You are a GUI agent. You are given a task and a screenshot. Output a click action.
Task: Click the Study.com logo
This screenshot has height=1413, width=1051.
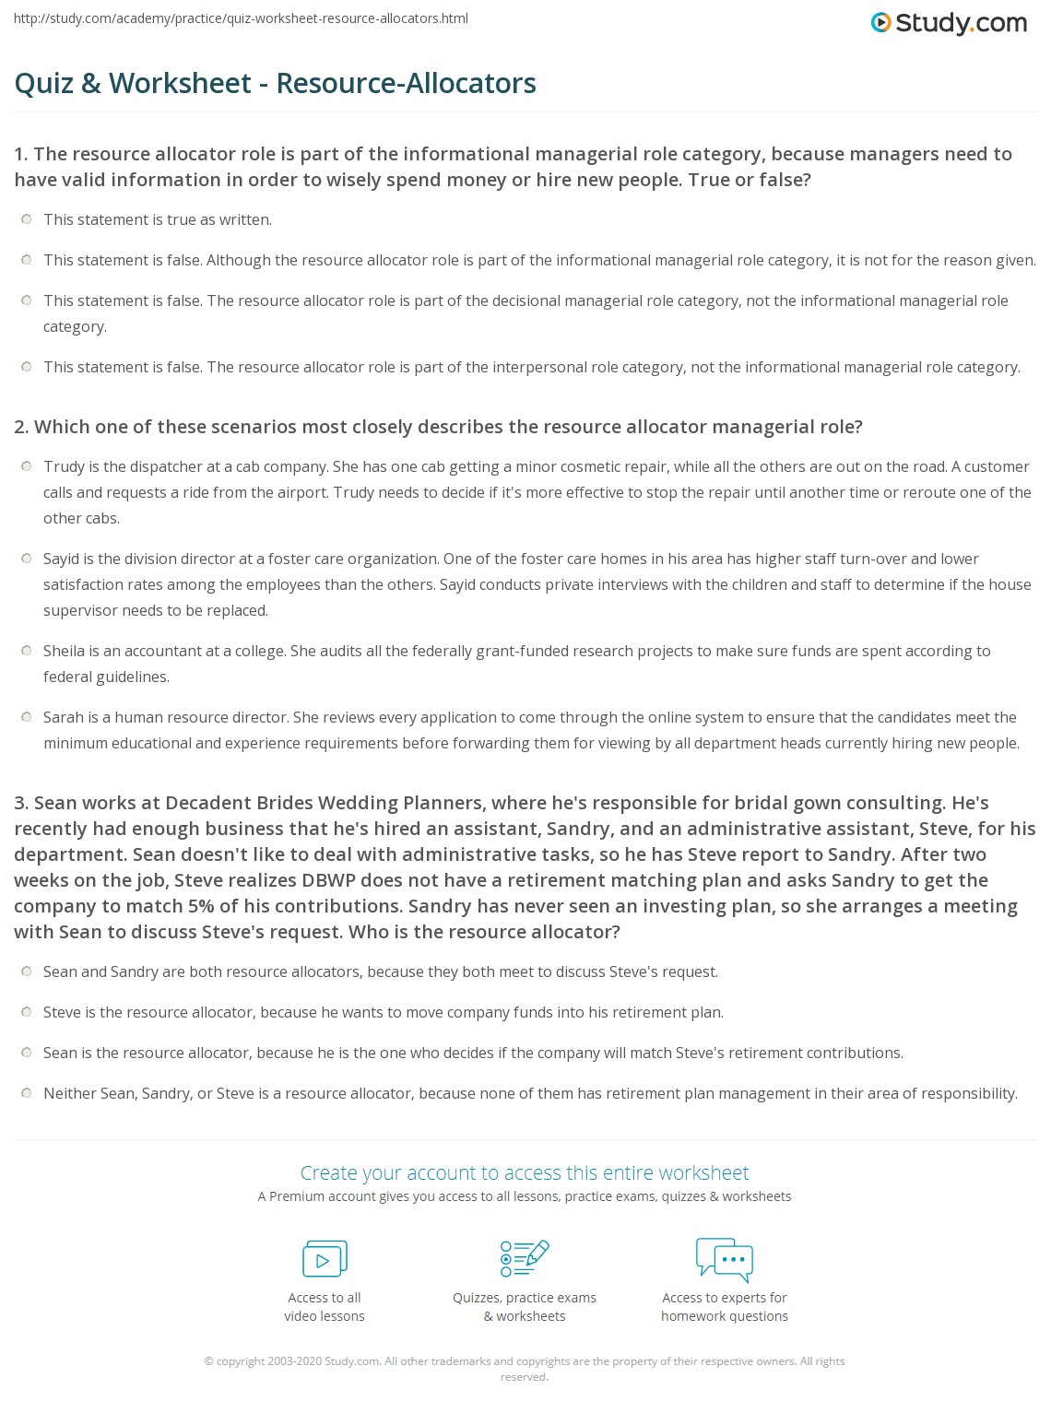tap(949, 23)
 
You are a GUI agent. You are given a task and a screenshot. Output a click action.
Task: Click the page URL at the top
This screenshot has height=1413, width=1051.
tap(241, 18)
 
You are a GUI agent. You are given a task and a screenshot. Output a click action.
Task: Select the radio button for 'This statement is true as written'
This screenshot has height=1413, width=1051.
tap(26, 219)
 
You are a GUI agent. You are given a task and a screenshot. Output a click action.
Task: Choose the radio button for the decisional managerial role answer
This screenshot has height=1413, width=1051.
tap(26, 300)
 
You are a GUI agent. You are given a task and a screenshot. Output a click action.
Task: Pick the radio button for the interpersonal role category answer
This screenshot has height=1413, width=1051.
tap(26, 367)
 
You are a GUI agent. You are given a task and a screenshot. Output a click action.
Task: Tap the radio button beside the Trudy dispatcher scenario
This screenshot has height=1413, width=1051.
tap(26, 466)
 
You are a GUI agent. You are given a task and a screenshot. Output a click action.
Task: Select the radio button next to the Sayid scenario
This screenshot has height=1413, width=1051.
tap(26, 559)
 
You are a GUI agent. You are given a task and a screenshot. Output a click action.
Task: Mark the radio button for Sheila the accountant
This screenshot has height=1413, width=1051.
tap(26, 651)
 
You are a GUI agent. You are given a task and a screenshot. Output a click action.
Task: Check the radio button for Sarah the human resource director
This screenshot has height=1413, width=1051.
tap(26, 717)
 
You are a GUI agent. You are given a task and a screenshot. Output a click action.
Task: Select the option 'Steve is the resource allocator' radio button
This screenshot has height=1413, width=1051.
tap(26, 1012)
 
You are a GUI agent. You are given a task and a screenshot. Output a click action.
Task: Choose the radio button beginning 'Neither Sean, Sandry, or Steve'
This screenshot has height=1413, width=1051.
tap(26, 1093)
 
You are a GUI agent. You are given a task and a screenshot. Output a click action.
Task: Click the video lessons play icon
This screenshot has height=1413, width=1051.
tap(325, 1259)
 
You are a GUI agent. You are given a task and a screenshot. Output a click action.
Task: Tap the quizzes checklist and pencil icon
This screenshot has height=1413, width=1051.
tap(525, 1259)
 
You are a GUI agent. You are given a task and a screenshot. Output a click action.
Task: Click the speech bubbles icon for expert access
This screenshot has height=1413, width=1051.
tap(725, 1259)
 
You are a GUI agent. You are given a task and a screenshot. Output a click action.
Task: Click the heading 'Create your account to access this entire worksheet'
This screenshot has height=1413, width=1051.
tap(525, 1172)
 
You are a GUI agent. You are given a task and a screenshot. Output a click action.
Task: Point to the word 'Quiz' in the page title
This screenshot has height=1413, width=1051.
tap(41, 84)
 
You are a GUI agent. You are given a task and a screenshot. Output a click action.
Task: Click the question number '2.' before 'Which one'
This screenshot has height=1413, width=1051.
tap(21, 427)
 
